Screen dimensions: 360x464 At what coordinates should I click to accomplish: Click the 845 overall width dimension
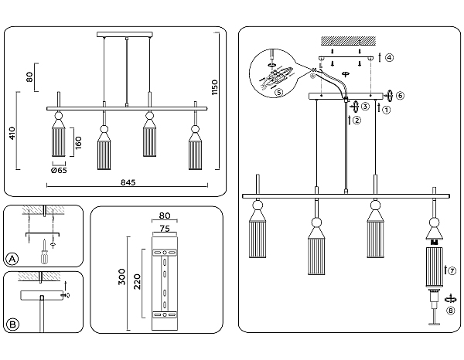click(x=128, y=182)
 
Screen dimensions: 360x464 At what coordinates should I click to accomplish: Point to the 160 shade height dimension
click(x=77, y=143)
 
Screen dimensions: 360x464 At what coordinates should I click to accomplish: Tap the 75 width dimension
click(x=164, y=228)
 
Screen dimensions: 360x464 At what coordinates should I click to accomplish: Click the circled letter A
click(x=12, y=258)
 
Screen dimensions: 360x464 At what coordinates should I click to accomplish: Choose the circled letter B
click(x=12, y=323)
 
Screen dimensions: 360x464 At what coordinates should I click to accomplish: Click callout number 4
click(x=390, y=58)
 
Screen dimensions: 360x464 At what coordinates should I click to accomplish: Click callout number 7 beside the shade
click(x=452, y=270)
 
